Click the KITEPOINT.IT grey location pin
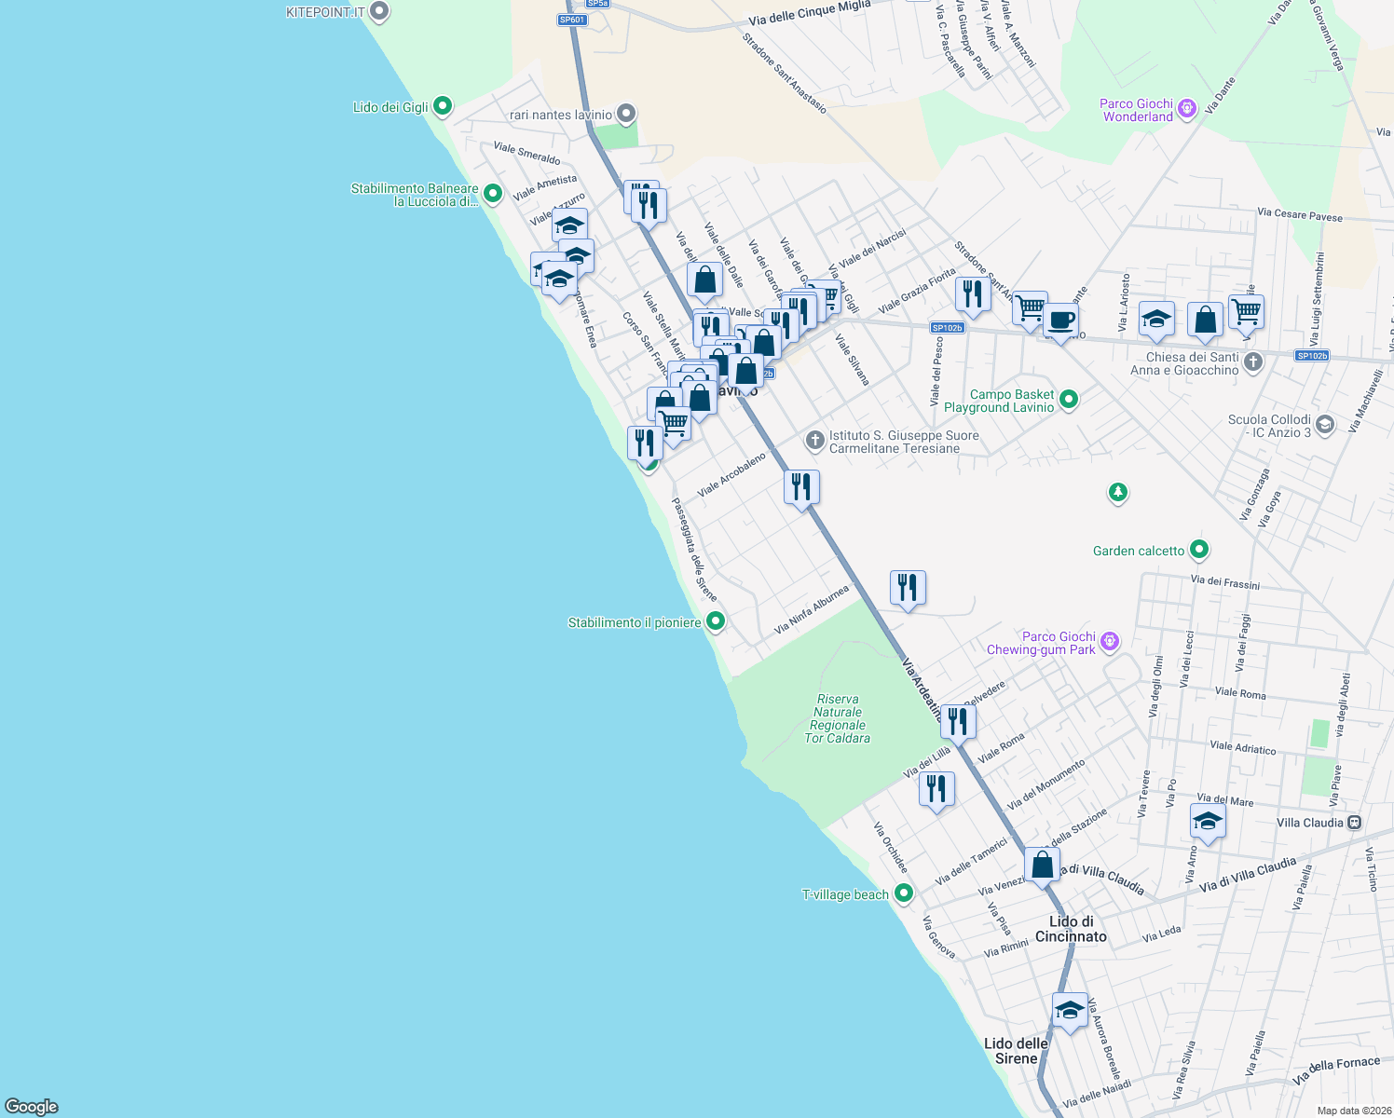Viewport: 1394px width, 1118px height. (378, 12)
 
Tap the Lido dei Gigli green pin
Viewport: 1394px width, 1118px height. (443, 106)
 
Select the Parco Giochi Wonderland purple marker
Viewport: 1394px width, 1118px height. (1186, 109)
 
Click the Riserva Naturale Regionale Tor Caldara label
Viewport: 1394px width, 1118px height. (837, 718)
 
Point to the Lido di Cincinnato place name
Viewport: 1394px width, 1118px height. (1071, 929)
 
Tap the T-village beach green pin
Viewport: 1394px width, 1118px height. (903, 893)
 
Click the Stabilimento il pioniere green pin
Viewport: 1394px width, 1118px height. (715, 621)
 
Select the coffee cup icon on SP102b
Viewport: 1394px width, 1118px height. (1060, 320)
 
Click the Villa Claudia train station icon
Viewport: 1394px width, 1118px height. (1355, 823)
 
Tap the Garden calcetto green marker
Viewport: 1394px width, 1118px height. (1199, 551)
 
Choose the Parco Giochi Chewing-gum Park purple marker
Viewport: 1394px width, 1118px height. (1109, 642)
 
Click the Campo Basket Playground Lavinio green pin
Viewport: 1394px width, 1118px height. (1069, 400)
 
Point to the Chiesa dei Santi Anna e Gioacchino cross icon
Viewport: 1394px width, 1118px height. (1253, 362)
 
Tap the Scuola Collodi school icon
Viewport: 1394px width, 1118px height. (1325, 426)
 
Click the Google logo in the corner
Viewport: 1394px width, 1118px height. (32, 1106)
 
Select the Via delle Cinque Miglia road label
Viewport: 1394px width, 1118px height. (809, 13)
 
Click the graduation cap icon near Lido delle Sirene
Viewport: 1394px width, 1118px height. (1070, 1010)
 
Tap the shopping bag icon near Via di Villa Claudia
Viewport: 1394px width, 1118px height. (1042, 865)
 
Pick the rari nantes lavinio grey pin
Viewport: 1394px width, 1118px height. (626, 115)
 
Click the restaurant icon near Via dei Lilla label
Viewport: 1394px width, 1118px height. (936, 788)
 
